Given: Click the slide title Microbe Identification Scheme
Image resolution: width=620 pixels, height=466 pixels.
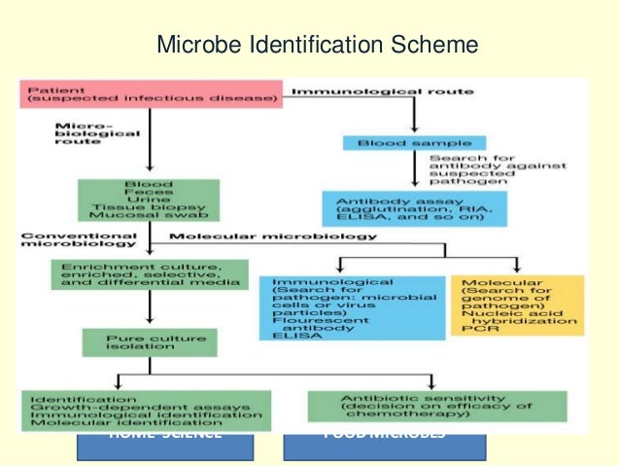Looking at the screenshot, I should point(318,45).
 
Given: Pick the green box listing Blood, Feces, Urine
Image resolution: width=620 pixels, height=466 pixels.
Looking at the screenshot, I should point(149,200).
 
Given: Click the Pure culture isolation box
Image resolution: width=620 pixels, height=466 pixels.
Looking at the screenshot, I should point(149,342).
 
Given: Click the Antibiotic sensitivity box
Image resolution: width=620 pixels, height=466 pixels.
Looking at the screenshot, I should point(423,406).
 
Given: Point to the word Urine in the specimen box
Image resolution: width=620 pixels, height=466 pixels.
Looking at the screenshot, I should point(149,201).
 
